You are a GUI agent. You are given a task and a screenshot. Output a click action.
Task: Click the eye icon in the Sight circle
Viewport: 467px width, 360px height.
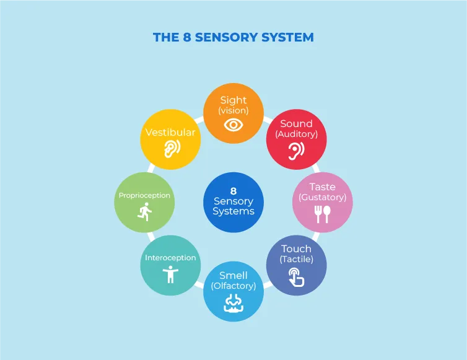(x=234, y=125)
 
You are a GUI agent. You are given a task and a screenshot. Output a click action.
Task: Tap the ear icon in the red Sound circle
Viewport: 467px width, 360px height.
(x=296, y=151)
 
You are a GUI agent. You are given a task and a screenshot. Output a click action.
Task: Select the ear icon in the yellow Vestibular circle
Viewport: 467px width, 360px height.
(x=172, y=149)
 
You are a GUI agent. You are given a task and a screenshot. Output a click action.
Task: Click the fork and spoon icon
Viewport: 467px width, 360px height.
(x=323, y=214)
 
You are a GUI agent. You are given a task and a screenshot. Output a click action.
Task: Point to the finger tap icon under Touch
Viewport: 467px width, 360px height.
(x=296, y=277)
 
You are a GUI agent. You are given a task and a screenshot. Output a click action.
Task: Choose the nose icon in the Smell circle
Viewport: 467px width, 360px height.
(x=234, y=303)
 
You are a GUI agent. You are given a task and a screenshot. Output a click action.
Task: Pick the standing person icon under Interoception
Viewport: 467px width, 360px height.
(x=170, y=274)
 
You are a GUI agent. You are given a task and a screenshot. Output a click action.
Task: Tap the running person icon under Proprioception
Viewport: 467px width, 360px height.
(x=145, y=212)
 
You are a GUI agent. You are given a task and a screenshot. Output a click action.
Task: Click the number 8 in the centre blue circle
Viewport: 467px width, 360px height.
(x=234, y=191)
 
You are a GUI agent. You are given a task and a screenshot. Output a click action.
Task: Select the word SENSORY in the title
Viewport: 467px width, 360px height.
(x=226, y=37)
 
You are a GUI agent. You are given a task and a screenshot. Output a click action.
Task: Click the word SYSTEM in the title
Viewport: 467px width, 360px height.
(x=287, y=37)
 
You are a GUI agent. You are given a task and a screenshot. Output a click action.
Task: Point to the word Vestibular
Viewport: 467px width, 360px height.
(x=170, y=132)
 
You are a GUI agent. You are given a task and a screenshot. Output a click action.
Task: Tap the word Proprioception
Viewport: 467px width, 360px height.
(x=144, y=196)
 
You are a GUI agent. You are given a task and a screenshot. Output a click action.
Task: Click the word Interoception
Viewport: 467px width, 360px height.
(x=170, y=258)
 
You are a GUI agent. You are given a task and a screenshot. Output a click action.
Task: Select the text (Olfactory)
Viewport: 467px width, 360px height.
(x=234, y=286)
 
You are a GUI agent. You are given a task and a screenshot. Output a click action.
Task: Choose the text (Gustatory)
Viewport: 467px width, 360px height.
(x=323, y=197)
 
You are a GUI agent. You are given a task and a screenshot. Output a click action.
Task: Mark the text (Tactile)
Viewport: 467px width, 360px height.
(x=296, y=259)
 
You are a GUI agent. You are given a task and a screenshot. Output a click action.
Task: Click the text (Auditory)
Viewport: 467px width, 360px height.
(x=296, y=134)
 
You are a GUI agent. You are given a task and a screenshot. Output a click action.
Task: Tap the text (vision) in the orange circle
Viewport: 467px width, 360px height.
(x=234, y=110)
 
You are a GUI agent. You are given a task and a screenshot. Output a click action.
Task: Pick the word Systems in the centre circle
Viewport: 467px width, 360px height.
(x=234, y=211)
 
